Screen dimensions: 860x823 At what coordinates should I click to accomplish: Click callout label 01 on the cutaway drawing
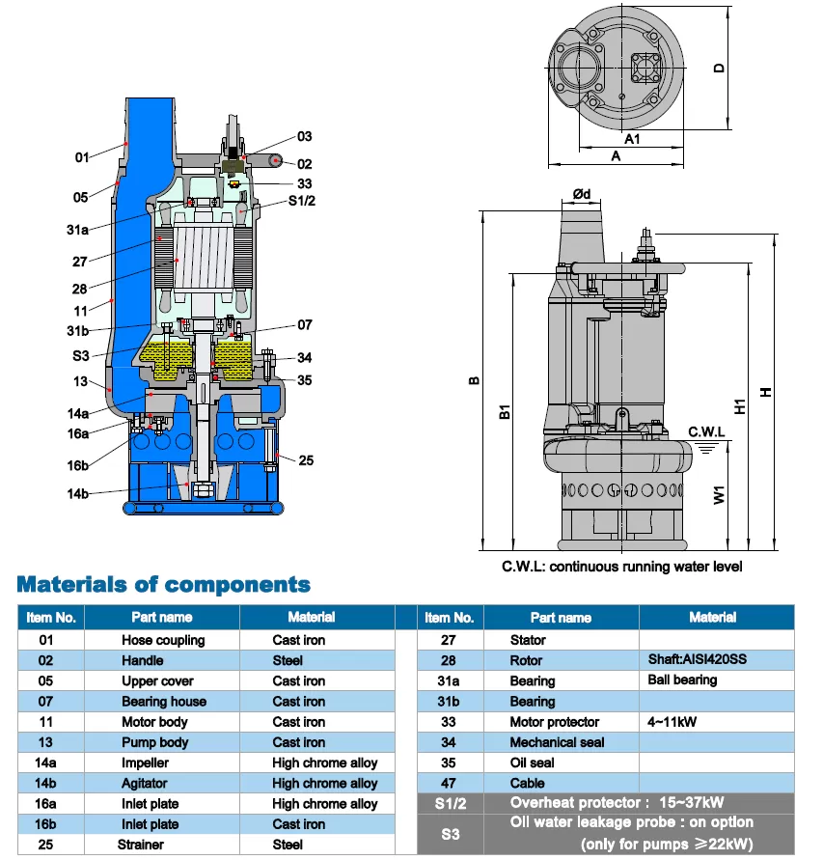82,156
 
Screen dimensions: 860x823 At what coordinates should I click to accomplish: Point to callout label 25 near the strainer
307,460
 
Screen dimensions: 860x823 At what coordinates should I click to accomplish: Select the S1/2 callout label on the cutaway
302,202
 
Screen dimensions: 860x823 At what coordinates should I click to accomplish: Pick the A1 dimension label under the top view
632,139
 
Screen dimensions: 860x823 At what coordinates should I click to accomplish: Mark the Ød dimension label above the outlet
582,194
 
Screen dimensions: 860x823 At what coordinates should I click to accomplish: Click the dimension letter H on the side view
765,392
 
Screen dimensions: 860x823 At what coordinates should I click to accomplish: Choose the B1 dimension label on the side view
504,413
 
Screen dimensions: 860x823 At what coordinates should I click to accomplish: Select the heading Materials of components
164,585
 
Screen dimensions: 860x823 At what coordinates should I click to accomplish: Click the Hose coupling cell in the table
163,640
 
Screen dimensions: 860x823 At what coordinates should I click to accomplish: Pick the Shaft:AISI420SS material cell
698,660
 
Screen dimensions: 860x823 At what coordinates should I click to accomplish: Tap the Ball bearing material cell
682,680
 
